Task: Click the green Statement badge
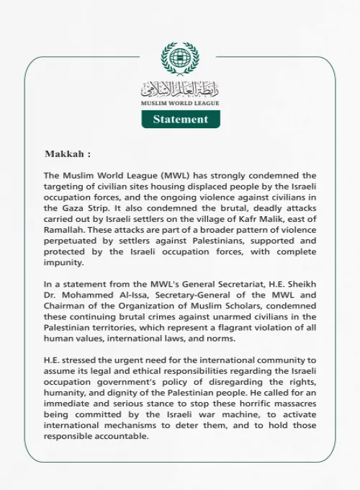coord(180,120)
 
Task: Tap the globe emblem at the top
coord(180,59)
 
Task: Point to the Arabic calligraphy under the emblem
coord(180,89)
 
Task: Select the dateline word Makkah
coord(65,154)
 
